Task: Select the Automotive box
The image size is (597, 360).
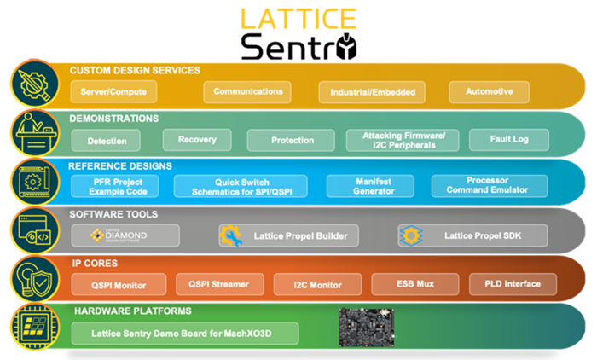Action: (485, 91)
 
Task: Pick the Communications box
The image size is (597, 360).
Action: (248, 91)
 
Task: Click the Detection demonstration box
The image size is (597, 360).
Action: (107, 140)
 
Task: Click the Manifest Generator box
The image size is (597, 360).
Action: (370, 186)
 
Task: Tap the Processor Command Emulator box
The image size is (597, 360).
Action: (486, 186)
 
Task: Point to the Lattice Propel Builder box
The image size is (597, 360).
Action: (290, 235)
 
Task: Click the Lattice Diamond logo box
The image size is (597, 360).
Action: (125, 235)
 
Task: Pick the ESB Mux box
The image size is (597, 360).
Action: (414, 283)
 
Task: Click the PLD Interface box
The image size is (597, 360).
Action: (512, 283)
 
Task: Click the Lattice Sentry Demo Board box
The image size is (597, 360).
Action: (184, 332)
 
